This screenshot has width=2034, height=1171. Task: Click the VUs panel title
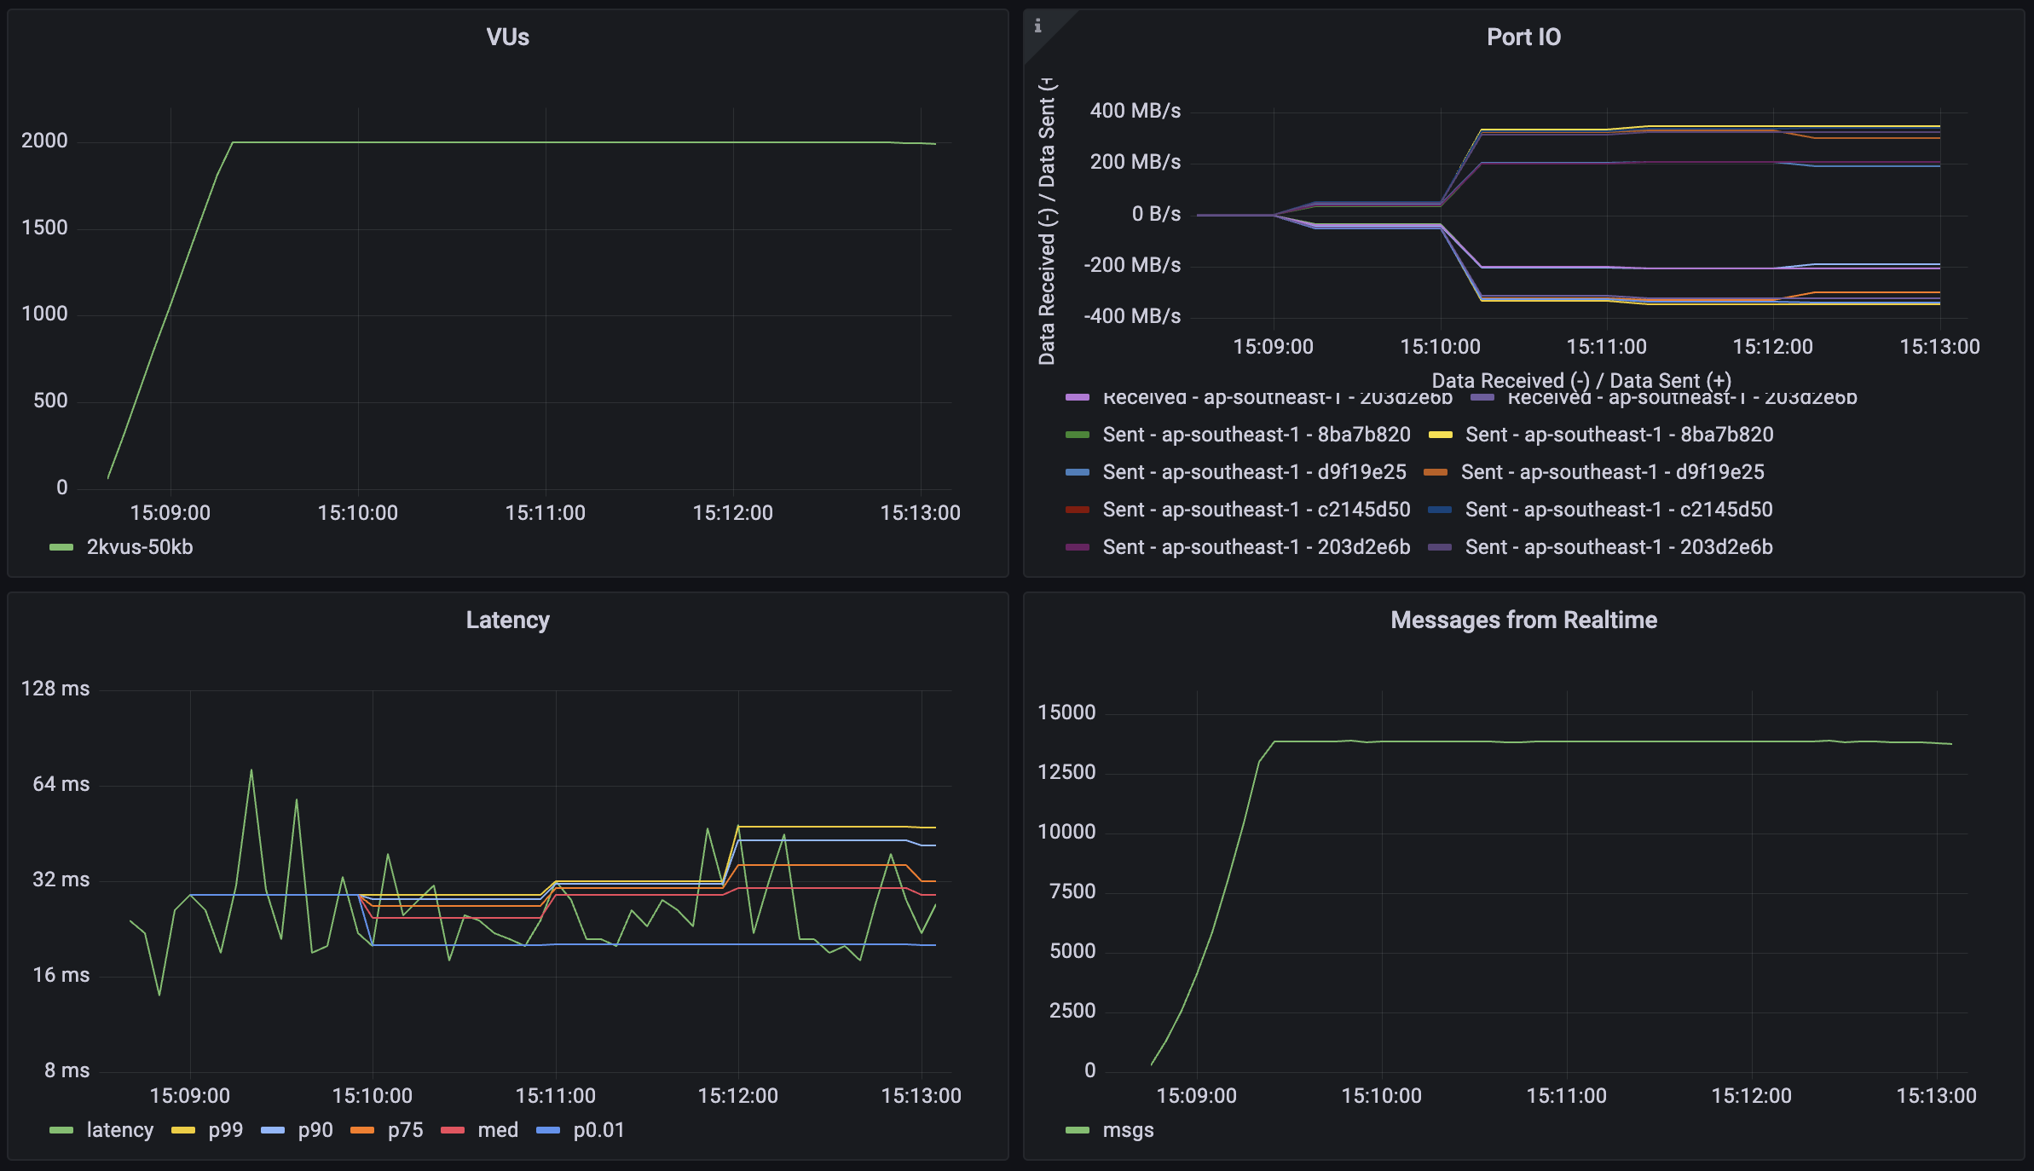click(507, 37)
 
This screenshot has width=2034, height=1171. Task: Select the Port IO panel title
click(1523, 37)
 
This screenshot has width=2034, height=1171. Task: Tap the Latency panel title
click(507, 620)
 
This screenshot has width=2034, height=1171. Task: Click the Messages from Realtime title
click(1523, 620)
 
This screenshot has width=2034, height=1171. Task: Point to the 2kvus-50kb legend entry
click(139, 547)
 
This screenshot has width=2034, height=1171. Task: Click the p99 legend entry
click(225, 1130)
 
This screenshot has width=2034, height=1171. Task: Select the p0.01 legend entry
click(598, 1130)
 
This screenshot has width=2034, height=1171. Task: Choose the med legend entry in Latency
click(497, 1130)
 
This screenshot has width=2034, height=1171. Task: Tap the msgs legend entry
click(1127, 1130)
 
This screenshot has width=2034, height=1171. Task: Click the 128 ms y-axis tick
click(55, 689)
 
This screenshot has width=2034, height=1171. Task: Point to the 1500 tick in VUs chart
click(44, 228)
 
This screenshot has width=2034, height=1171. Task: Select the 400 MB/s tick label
click(1135, 111)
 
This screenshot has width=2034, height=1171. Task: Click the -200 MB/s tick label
click(1132, 265)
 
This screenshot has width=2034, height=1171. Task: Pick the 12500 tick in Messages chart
click(1066, 772)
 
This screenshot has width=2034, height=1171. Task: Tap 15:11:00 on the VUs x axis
click(545, 513)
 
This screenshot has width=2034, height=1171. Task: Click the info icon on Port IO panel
click(1037, 26)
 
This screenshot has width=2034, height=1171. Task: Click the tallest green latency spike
click(251, 770)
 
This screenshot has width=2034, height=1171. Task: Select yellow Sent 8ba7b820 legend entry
click(1618, 435)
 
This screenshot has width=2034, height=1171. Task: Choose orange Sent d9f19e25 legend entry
click(1611, 472)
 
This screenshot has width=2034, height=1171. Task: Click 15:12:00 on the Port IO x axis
click(1772, 347)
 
